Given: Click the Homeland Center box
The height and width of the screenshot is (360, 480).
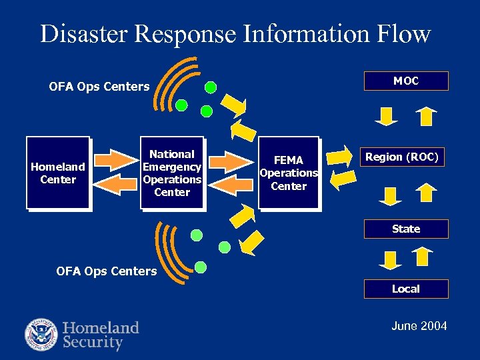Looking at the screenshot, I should coord(58,173).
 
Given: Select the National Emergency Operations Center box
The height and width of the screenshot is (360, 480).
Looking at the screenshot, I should coord(172,173).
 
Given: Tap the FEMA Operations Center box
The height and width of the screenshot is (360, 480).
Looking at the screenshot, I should coord(289,173).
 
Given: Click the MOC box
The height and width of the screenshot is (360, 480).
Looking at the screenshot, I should coord(405,81).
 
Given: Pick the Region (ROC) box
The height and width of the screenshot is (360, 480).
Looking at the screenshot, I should coord(405,157).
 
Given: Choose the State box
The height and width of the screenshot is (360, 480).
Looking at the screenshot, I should coord(405,229).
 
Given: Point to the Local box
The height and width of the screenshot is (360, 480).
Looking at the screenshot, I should coord(405,289).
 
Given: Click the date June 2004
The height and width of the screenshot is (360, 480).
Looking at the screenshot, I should coord(419,326).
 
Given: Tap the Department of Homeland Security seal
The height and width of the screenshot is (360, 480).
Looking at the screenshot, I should coord(41,335).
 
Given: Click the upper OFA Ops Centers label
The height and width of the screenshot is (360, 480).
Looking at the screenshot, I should coord(99,86).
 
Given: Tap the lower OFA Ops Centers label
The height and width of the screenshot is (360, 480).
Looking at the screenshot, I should coord(107,271).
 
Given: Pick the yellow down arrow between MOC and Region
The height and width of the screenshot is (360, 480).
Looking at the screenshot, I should coord(386,117).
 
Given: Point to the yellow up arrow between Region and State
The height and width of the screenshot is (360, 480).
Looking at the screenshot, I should coord(425,193).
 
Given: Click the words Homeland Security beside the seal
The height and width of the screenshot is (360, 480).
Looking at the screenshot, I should coord(101,335).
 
